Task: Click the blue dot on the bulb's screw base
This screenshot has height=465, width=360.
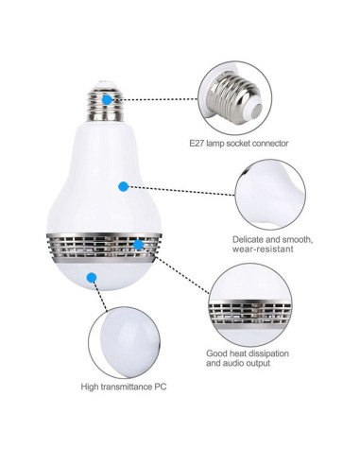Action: tap(109, 96)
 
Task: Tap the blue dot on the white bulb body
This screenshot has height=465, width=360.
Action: tap(123, 185)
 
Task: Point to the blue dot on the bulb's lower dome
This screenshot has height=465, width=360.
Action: tap(92, 277)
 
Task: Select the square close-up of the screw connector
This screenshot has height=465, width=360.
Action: tap(233, 96)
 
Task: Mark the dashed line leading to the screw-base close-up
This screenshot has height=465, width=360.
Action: tap(161, 96)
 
